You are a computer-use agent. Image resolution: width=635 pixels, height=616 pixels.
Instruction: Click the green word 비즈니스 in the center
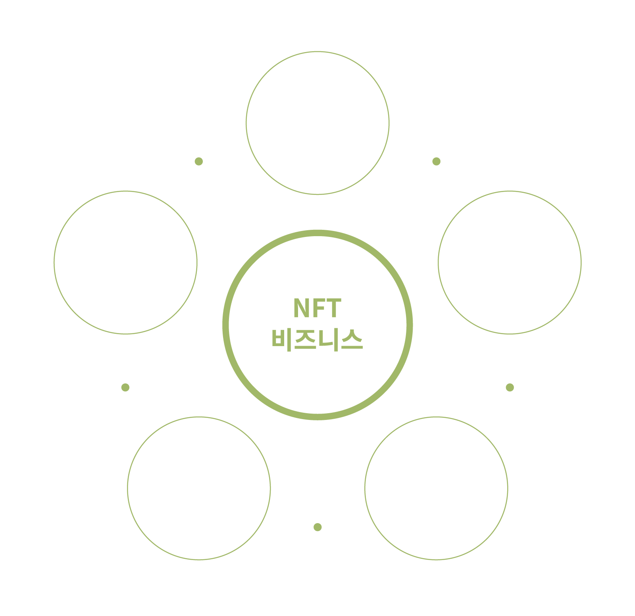tap(317, 340)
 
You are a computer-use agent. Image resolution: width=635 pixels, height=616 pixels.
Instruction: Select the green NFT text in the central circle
tap(317, 308)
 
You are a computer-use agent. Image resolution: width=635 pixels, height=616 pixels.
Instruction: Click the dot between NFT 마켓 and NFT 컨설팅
tap(199, 161)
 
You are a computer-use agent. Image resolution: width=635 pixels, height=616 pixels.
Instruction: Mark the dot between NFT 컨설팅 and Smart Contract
tap(436, 161)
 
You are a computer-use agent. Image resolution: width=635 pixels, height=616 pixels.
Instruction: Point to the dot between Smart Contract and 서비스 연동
tap(510, 387)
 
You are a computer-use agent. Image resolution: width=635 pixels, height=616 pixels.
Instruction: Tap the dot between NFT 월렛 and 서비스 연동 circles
tap(317, 527)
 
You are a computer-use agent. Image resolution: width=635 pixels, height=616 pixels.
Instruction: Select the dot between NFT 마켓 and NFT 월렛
tap(125, 387)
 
